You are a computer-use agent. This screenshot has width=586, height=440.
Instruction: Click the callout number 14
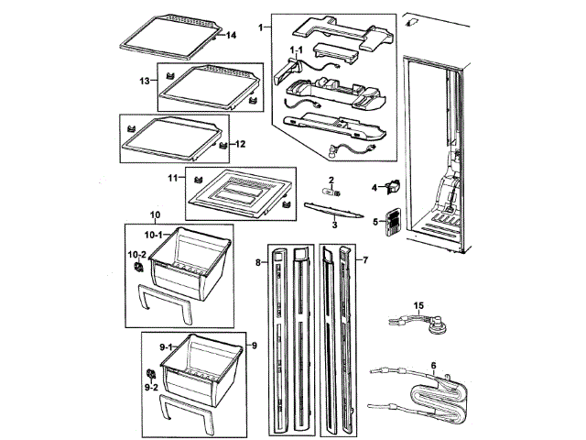pos(232,35)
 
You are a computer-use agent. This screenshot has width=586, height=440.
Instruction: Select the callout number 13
pos(145,82)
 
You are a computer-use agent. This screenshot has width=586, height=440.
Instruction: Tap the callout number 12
pos(240,144)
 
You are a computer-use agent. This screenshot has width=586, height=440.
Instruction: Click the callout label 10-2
pos(136,253)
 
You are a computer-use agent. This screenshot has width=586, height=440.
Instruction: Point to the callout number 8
pos(259,262)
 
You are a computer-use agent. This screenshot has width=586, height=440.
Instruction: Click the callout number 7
pos(365,261)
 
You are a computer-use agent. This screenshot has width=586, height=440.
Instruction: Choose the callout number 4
pos(374,188)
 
